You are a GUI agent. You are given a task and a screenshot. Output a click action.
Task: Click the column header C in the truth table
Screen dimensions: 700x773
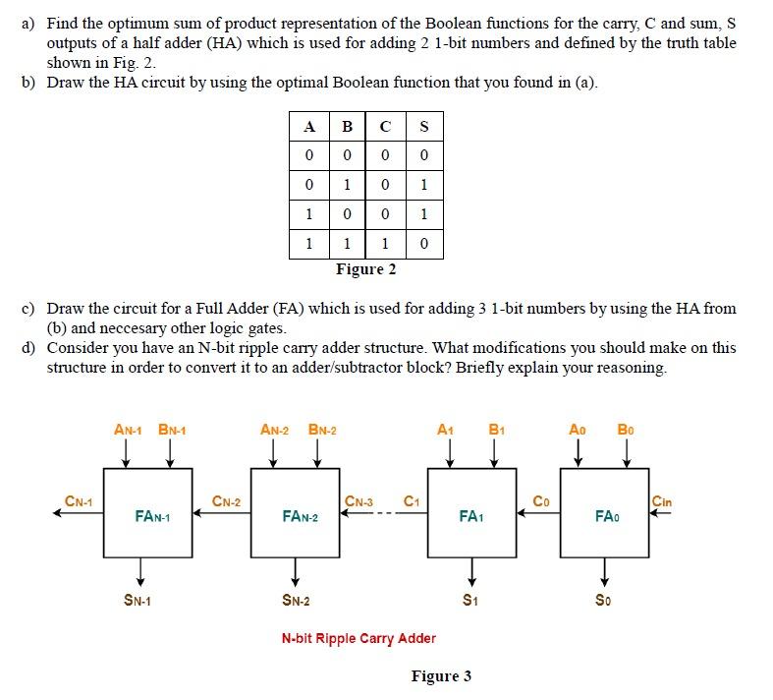click(385, 126)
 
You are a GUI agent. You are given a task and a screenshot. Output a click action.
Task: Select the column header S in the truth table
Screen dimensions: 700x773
click(423, 126)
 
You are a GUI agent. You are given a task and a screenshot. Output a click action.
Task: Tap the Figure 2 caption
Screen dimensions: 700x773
click(365, 269)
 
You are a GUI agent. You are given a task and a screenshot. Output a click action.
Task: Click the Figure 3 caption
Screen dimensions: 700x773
click(441, 675)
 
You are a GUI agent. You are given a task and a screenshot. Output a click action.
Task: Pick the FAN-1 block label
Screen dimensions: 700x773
click(152, 515)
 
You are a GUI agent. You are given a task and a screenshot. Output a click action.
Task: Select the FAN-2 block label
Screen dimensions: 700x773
click(300, 515)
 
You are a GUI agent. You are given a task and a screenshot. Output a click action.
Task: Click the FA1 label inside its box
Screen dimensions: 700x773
click(470, 514)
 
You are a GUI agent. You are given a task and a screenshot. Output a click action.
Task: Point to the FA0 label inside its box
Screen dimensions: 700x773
click(606, 514)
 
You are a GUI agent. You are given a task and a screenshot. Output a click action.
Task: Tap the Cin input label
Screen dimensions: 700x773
click(662, 501)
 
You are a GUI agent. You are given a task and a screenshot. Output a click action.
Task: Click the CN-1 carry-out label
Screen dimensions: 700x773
click(79, 501)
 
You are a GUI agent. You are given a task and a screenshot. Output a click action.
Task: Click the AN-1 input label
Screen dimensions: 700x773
click(128, 430)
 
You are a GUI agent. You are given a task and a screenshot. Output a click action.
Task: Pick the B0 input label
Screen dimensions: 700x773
click(626, 430)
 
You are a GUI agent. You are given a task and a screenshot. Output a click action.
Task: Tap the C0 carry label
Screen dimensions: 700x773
click(540, 501)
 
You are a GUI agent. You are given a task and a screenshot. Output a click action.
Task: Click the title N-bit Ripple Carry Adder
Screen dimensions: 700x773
click(359, 638)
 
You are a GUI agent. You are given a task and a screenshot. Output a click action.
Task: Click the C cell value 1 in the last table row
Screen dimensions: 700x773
click(385, 243)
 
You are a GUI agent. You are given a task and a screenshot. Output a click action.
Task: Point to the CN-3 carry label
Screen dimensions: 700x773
click(359, 501)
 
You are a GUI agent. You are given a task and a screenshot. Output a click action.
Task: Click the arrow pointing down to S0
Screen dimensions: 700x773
click(605, 571)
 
